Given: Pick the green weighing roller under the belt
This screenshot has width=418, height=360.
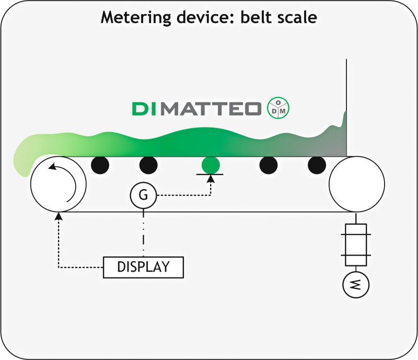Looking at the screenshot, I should pyautogui.click(x=211, y=165).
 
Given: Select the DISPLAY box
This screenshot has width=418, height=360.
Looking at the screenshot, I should pyautogui.click(x=144, y=267).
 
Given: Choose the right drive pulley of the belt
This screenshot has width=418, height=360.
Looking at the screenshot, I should pyautogui.click(x=356, y=183).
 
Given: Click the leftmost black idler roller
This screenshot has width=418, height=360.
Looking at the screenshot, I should pyautogui.click(x=100, y=165).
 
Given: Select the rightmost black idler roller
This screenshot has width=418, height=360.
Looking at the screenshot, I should pyautogui.click(x=317, y=165).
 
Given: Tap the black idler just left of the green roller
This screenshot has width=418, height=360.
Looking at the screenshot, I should pyautogui.click(x=148, y=165).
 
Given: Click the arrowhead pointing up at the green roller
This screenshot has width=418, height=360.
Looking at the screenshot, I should pyautogui.click(x=211, y=180).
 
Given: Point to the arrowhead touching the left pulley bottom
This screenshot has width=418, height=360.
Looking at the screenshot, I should pyautogui.click(x=59, y=215).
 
